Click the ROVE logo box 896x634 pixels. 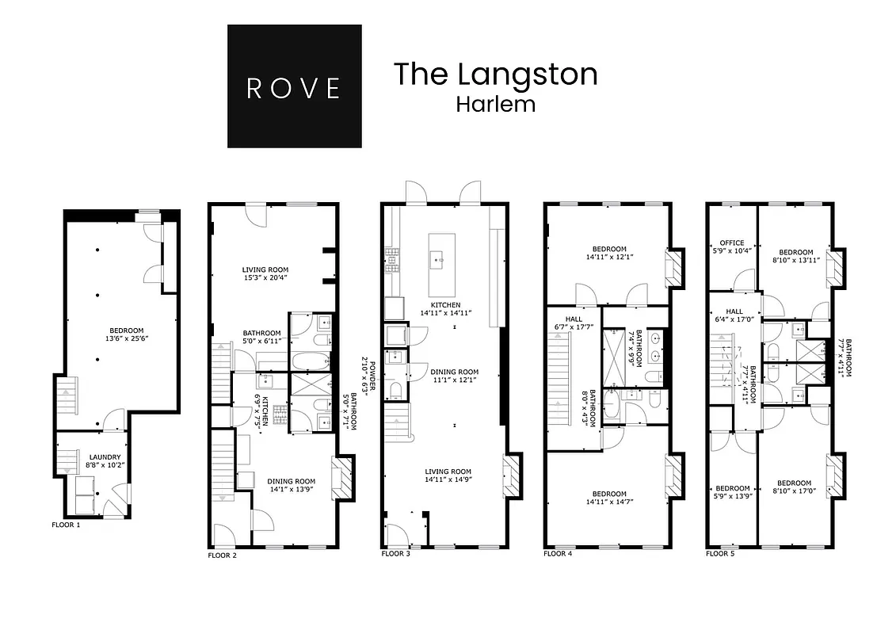294,86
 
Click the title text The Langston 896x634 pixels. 495,74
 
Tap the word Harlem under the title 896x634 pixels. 495,104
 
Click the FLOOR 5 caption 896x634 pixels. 720,554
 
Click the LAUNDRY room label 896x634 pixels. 105,457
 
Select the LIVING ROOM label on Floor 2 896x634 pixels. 265,269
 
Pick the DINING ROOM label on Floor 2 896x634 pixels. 291,481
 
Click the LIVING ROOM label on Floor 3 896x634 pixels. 449,472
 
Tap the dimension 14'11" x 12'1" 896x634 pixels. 610,257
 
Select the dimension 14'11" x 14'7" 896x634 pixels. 610,501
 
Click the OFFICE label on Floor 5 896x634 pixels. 731,243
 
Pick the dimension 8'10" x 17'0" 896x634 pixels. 794,492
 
